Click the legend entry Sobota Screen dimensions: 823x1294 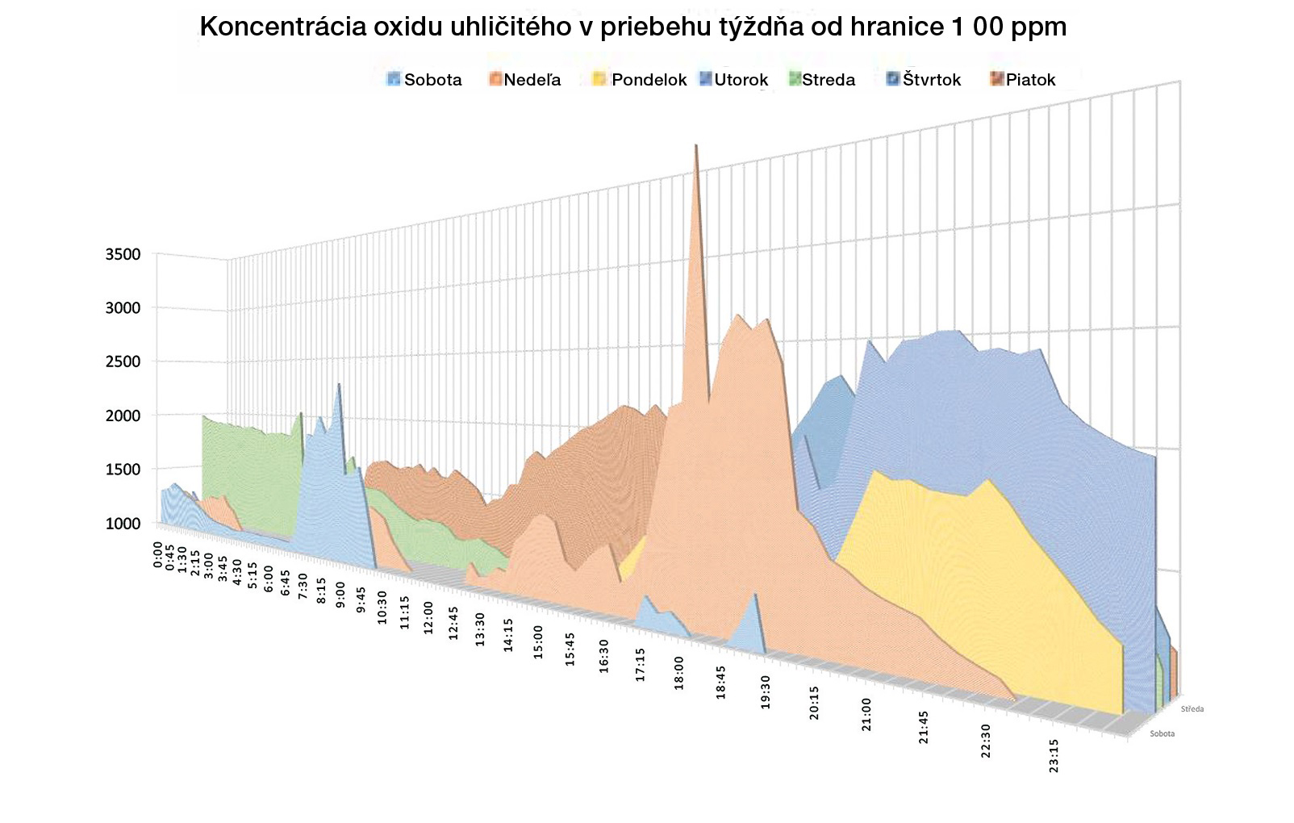click(425, 80)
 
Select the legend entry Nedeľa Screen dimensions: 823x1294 click(525, 80)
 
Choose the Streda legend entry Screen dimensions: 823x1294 click(822, 80)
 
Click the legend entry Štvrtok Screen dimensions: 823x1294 click(925, 80)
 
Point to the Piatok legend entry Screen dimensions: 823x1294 click(1023, 80)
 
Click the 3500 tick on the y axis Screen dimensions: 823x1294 click(123, 255)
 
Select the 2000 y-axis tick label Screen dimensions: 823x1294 click(123, 416)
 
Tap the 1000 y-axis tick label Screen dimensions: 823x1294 click(123, 524)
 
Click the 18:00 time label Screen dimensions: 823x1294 click(679, 672)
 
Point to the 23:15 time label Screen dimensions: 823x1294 click(1054, 755)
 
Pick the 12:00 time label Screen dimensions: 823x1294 click(428, 617)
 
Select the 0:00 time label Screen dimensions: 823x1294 click(158, 555)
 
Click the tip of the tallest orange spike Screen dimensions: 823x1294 click(695, 146)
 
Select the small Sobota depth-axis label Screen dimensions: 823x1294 click(1162, 733)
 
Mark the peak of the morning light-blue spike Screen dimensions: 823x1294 click(339, 385)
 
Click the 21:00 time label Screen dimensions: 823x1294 click(866, 714)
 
